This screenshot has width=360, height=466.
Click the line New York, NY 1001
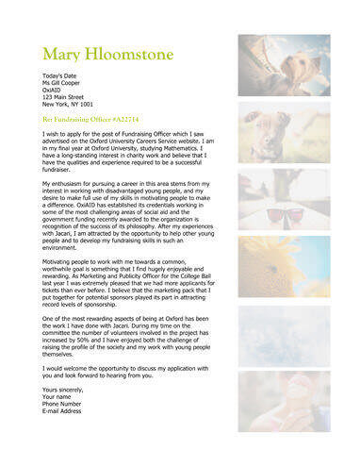tap(68, 105)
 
